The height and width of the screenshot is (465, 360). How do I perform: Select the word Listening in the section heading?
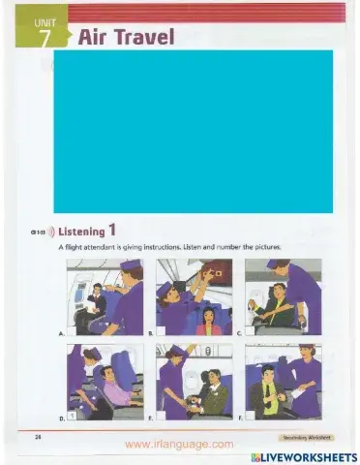pos(81,232)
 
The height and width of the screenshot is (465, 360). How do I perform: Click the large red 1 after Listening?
pos(112,231)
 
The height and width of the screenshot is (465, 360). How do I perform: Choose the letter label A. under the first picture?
pos(62,332)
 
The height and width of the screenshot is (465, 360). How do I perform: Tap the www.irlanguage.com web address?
pos(179,445)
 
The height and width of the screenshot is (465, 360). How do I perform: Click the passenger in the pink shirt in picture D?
pos(116,391)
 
